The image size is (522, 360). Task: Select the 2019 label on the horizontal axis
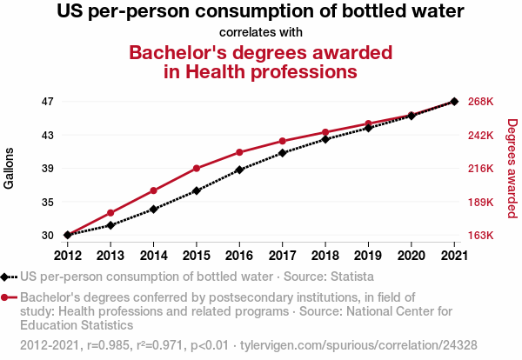click(368, 255)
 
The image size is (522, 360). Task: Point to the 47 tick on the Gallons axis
click(47, 102)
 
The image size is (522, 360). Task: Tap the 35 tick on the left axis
click(47, 202)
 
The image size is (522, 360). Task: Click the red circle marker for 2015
click(197, 168)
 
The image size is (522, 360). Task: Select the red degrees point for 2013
click(110, 213)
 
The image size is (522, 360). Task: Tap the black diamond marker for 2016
click(239, 170)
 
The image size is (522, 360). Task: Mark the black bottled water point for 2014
click(153, 209)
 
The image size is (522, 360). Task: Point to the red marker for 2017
click(283, 141)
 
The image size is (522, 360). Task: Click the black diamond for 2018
click(325, 139)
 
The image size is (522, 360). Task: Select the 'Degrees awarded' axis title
click(512, 169)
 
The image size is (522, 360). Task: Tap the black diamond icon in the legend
click(6, 277)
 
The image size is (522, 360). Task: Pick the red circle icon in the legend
click(6, 297)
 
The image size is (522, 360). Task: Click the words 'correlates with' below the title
click(260, 32)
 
